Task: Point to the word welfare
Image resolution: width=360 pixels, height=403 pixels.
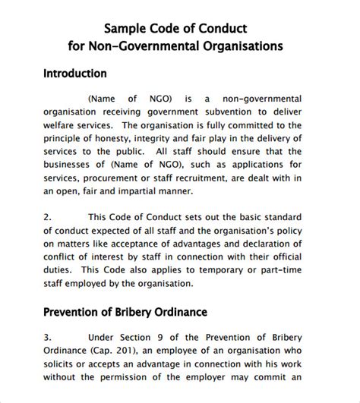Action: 62,125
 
